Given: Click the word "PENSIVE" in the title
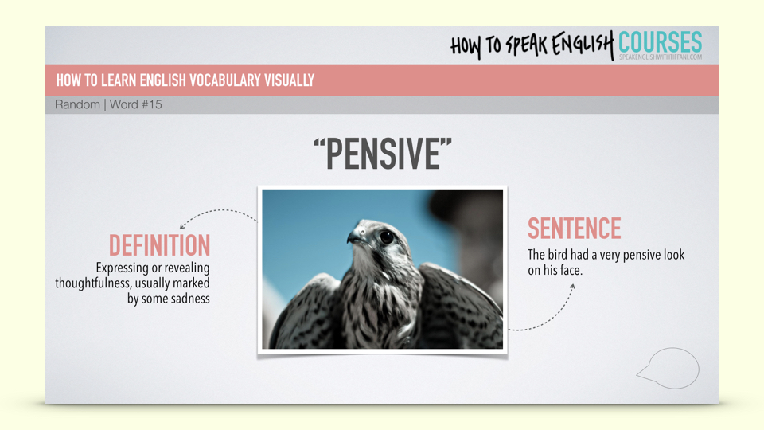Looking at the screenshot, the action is coord(383,154).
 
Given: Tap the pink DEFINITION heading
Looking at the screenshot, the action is coord(159,245).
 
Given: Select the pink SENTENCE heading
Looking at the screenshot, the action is coord(575,229).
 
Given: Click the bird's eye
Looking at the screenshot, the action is coord(387,237).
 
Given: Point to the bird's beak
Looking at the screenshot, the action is coord(354,237).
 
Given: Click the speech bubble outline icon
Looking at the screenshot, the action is coord(668,368).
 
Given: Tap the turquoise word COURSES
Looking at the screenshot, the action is coord(661,42).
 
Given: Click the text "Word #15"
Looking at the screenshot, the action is coord(136,104).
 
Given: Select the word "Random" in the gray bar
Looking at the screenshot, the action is coord(77,104).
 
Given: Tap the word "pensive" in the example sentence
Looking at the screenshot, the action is coord(641,255).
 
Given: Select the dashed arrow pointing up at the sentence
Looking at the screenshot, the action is coord(546,315).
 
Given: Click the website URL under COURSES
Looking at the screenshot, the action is coord(661,57).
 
